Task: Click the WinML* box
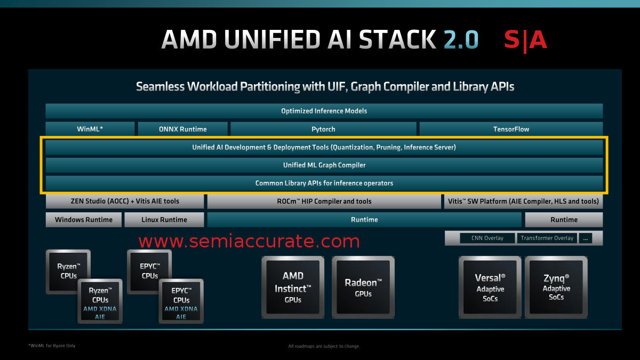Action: pyautogui.click(x=90, y=129)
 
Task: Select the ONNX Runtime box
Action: pyautogui.click(x=183, y=129)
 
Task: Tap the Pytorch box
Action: pyautogui.click(x=323, y=129)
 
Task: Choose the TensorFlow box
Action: pyautogui.click(x=511, y=129)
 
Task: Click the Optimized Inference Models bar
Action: pyautogui.click(x=324, y=111)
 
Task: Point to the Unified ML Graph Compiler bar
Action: pyautogui.click(x=324, y=165)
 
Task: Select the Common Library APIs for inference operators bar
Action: pyautogui.click(x=324, y=183)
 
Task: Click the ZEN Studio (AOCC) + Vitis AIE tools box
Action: pyautogui.click(x=125, y=201)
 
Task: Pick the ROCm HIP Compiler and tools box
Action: pyautogui.click(x=324, y=201)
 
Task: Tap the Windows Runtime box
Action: pyautogui.click(x=84, y=220)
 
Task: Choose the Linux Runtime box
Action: pyautogui.click(x=164, y=220)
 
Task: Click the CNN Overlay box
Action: pyautogui.click(x=487, y=238)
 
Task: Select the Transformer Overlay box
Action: pyautogui.click(x=547, y=238)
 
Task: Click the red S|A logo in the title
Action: pyautogui.click(x=525, y=40)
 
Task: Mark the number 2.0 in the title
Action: pyautogui.click(x=460, y=40)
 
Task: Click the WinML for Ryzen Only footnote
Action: pyautogui.click(x=52, y=346)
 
